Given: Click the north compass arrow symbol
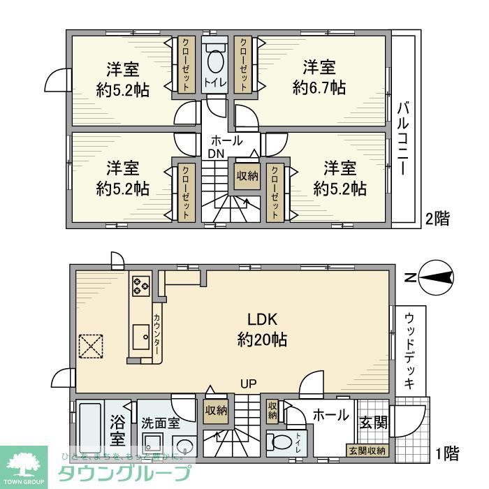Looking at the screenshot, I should [x=435, y=279].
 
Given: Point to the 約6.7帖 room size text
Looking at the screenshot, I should [x=319, y=88].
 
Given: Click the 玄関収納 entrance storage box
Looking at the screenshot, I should [x=367, y=451].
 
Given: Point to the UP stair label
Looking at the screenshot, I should [x=248, y=384].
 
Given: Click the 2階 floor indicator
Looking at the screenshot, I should [x=437, y=219].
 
